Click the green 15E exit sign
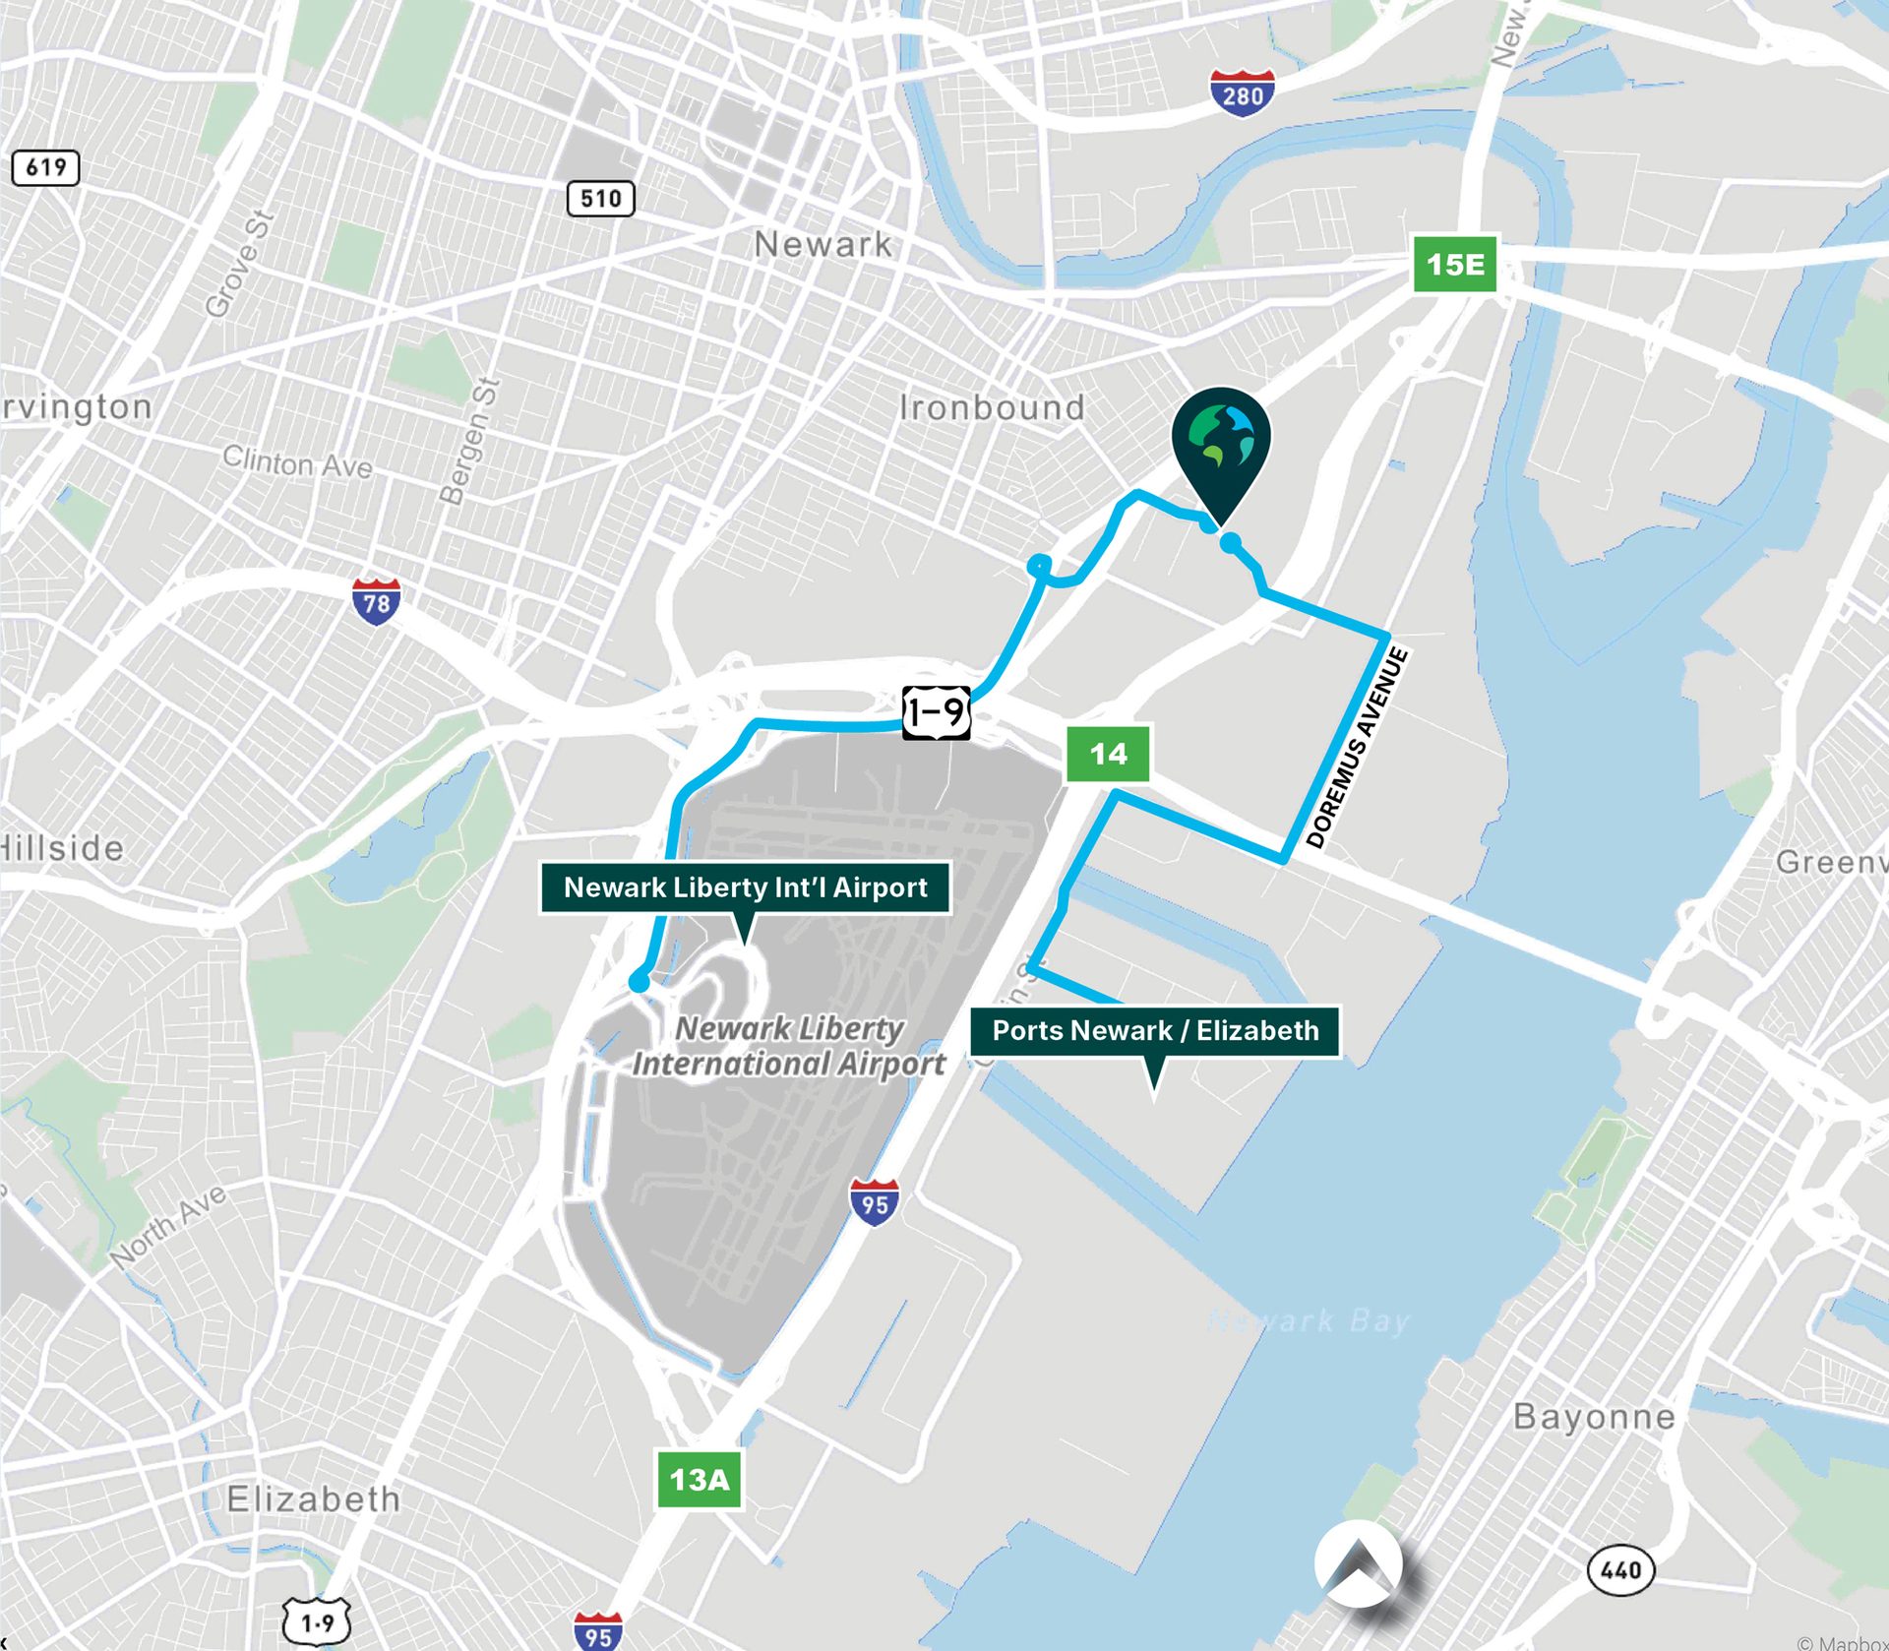[1455, 264]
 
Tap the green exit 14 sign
[1108, 754]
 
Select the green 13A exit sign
[700, 1479]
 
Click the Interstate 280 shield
[1243, 93]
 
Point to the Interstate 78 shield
[376, 601]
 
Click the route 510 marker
[600, 199]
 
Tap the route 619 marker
[45, 167]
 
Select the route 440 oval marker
[1620, 1568]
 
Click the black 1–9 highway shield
[936, 712]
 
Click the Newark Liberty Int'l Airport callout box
[745, 887]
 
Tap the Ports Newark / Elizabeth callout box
[1155, 1031]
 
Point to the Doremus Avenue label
[1358, 748]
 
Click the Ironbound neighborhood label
[992, 407]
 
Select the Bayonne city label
[1594, 1417]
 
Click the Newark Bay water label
[1309, 1320]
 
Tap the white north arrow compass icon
[1361, 1564]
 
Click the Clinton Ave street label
[297, 460]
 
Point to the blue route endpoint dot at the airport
[639, 982]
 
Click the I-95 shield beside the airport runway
[874, 1201]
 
